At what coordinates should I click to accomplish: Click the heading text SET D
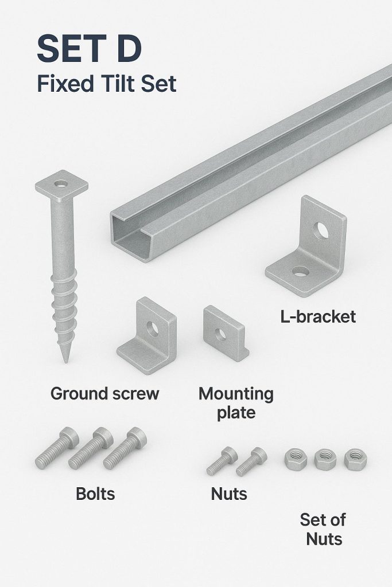[89, 49]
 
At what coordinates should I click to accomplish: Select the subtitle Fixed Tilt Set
[107, 84]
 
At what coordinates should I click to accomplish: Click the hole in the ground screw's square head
[61, 184]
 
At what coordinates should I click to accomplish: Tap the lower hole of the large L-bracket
[300, 271]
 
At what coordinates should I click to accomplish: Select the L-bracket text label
[318, 316]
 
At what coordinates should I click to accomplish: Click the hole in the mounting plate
[221, 334]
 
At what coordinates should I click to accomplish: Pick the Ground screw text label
[105, 394]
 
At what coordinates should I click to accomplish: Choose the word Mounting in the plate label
[236, 394]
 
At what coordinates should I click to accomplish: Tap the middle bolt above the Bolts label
[90, 448]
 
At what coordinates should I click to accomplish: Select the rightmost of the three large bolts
[125, 448]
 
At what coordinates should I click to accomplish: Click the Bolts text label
[95, 494]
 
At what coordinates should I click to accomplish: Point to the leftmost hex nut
[296, 459]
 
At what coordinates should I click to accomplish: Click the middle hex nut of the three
[324, 459]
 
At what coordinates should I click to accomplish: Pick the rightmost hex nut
[355, 459]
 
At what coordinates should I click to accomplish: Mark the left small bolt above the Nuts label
[222, 461]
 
